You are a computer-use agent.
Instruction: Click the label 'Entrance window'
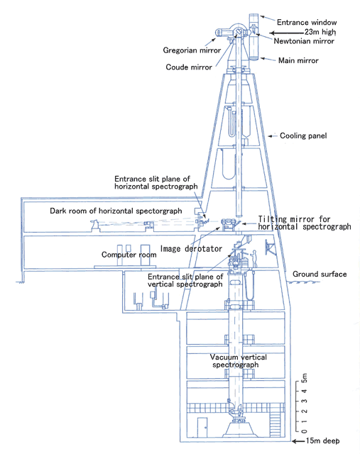pyautogui.click(x=307, y=22)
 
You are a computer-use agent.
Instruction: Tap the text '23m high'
pyautogui.click(x=320, y=32)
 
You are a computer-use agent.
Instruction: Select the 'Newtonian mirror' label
pyautogui.click(x=304, y=41)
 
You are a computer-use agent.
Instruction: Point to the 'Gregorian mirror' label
pyautogui.click(x=192, y=50)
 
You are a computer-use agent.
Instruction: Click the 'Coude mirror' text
pyautogui.click(x=189, y=67)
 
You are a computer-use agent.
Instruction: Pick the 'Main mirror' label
pyautogui.click(x=298, y=60)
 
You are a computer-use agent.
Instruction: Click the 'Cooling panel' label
pyautogui.click(x=303, y=135)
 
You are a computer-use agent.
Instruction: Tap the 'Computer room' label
pyautogui.click(x=129, y=255)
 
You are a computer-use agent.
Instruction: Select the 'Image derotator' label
pyautogui.click(x=191, y=249)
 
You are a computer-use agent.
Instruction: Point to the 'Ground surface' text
pyautogui.click(x=320, y=275)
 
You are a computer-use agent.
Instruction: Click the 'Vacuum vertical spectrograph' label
pyautogui.click(x=239, y=361)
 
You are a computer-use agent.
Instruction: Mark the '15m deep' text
pyautogui.click(x=322, y=441)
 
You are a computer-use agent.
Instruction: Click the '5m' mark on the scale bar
pyautogui.click(x=304, y=378)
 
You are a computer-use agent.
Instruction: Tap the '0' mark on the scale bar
pyautogui.click(x=304, y=431)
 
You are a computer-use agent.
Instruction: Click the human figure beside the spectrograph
pyautogui.click(x=254, y=258)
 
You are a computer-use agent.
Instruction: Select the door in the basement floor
pyautogui.click(x=202, y=427)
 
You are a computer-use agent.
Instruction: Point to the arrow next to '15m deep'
pyautogui.click(x=298, y=441)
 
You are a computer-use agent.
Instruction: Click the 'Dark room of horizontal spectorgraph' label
pyautogui.click(x=116, y=211)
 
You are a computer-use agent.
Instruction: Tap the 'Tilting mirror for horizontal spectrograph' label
pyautogui.click(x=305, y=223)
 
